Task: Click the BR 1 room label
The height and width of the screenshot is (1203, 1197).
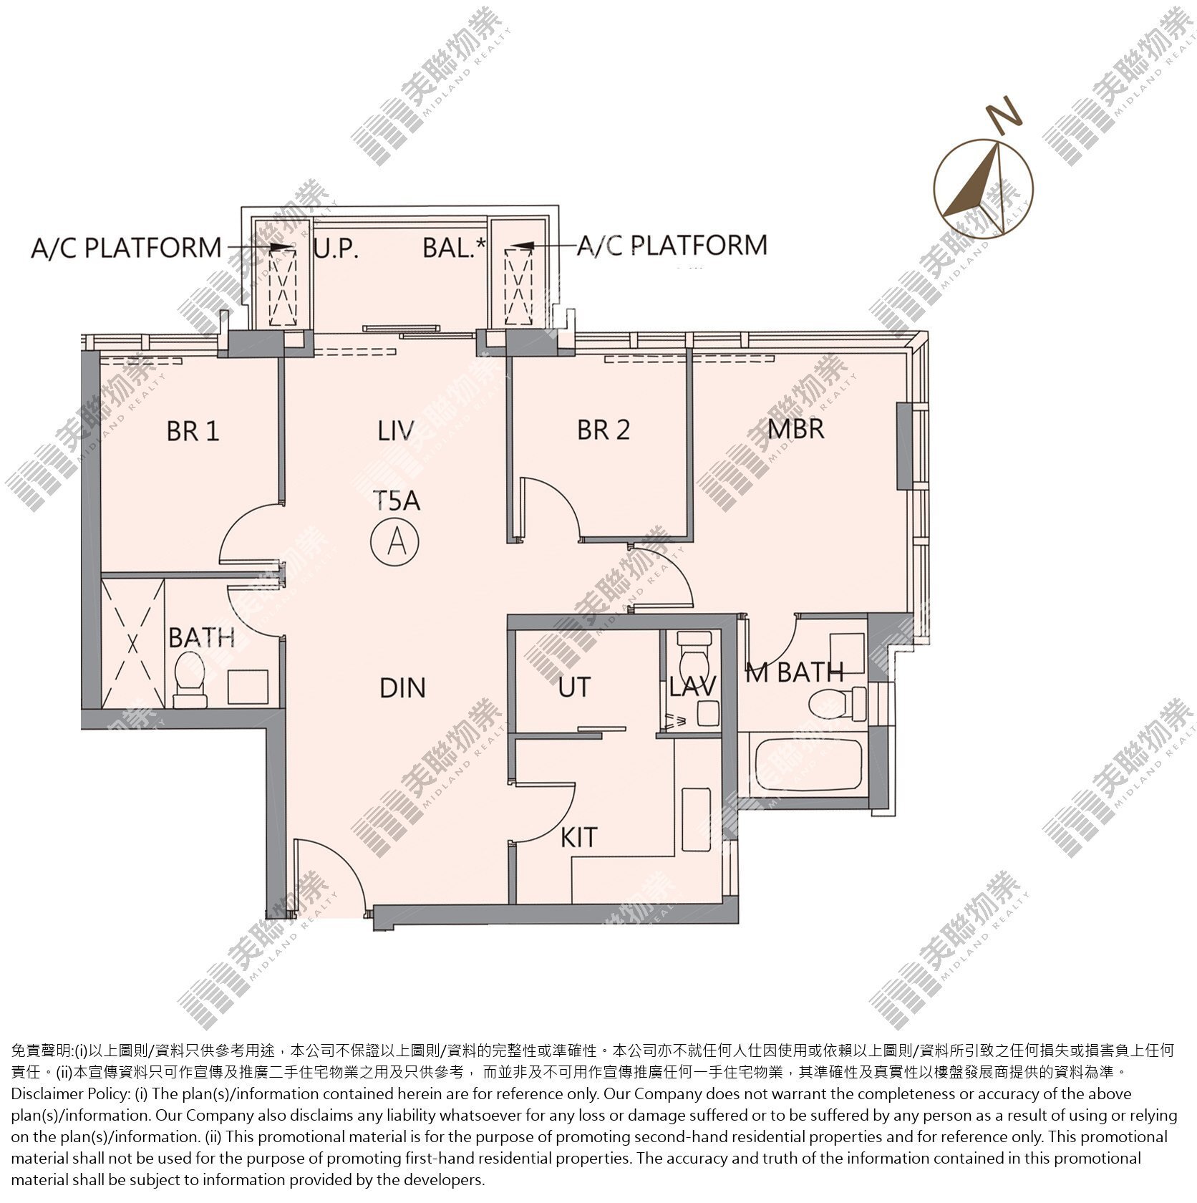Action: tap(193, 431)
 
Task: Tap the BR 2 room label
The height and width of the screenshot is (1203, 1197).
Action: tap(604, 430)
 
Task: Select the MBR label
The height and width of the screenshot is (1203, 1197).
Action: tap(796, 428)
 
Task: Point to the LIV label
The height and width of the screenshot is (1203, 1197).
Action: tap(396, 430)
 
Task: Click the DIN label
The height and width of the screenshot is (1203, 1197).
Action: tap(402, 688)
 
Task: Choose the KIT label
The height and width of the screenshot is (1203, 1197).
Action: tap(578, 837)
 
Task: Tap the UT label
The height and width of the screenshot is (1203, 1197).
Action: tap(574, 687)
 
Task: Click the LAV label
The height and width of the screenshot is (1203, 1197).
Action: tap(692, 687)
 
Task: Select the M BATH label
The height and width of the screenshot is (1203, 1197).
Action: tap(795, 672)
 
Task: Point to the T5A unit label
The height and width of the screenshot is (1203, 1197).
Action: tap(396, 500)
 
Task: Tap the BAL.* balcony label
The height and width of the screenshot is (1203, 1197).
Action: tap(455, 248)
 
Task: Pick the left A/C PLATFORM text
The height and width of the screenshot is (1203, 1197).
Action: tap(126, 248)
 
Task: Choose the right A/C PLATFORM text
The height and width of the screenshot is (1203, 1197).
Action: tap(672, 245)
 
